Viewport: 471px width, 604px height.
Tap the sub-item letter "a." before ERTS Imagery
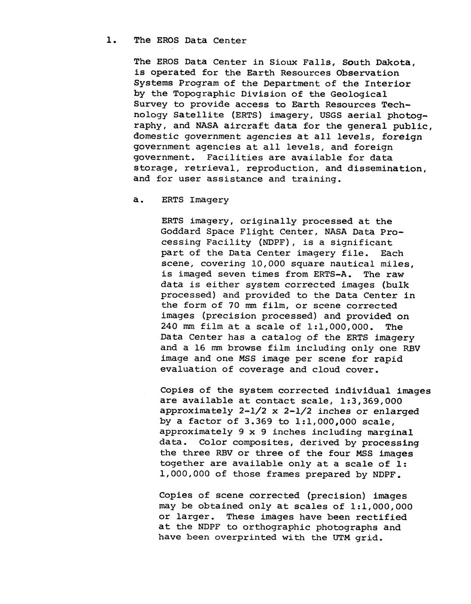pos(138,200)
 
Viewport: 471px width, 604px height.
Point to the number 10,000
pos(268,264)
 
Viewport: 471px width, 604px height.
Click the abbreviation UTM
pos(339,538)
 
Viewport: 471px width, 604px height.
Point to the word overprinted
pos(246,538)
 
